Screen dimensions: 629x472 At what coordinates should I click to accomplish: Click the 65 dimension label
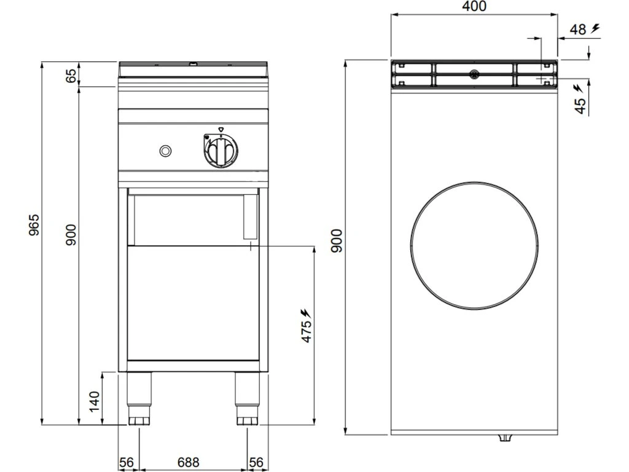tap(70, 76)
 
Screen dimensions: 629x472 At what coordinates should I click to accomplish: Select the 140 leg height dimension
tap(94, 401)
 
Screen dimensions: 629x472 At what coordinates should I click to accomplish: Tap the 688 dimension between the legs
tap(188, 462)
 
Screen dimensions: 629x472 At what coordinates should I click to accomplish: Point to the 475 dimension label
tap(307, 331)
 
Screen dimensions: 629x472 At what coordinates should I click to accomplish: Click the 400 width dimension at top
tap(474, 6)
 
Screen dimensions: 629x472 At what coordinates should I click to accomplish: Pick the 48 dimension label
tap(577, 29)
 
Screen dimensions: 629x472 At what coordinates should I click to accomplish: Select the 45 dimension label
tap(580, 106)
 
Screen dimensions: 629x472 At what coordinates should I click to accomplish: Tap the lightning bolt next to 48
tap(595, 28)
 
